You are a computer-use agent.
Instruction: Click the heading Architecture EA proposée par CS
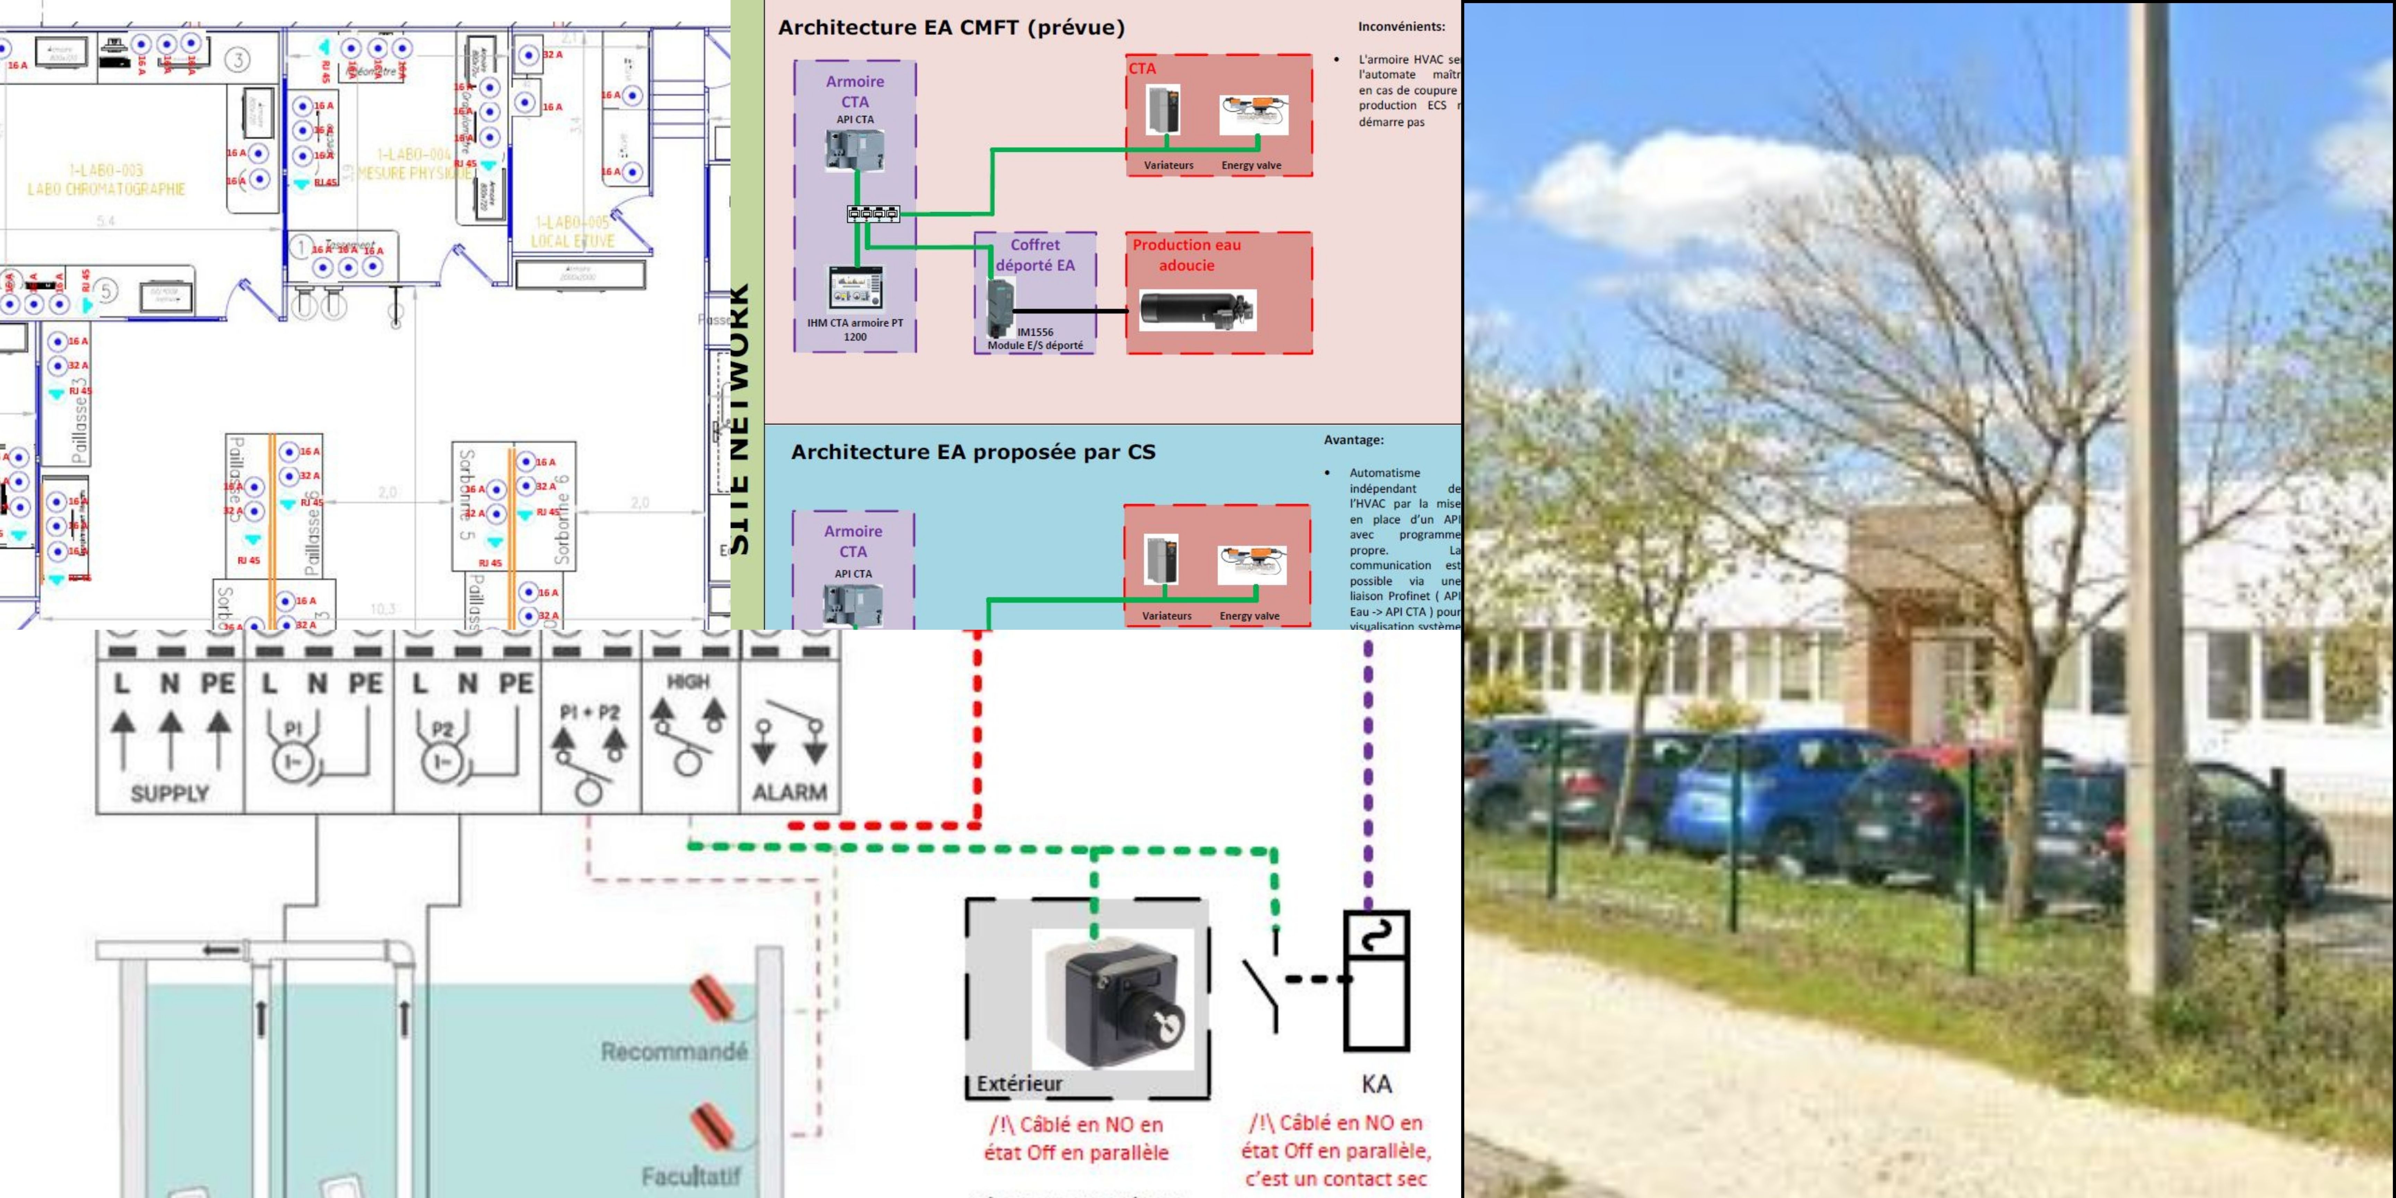[x=973, y=452]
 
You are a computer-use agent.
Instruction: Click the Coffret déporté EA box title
[x=1035, y=255]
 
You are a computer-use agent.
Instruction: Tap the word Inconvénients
[x=1401, y=27]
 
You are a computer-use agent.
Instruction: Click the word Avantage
[x=1353, y=440]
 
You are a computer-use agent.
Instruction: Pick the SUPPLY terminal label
[x=170, y=793]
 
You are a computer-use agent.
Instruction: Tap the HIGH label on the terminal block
[x=688, y=682]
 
